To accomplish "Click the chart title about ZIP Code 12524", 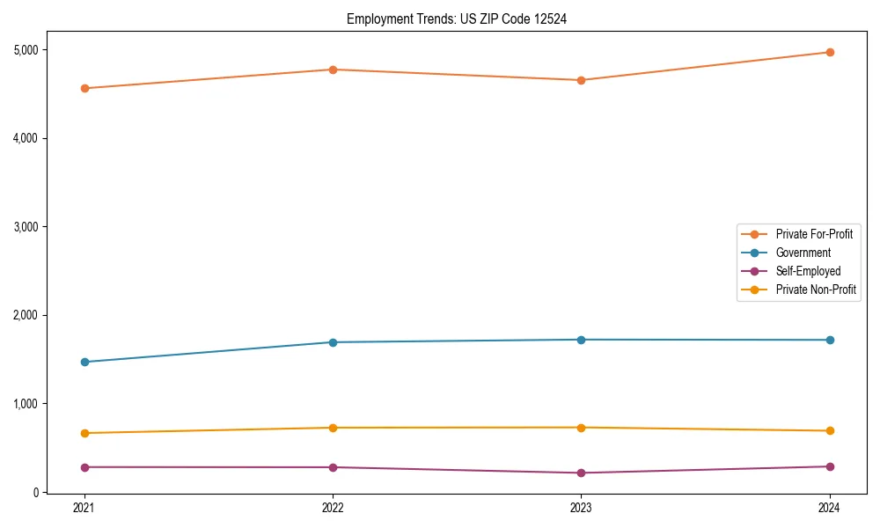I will tap(450, 18).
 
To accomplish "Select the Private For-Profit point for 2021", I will tap(84, 88).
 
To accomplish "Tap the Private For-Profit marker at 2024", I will tap(830, 52).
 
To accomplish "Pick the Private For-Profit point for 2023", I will tap(581, 80).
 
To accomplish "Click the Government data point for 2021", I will tap(84, 362).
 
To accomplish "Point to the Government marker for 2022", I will tap(333, 342).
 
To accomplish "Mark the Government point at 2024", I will tap(830, 340).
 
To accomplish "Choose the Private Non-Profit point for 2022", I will tap(333, 428).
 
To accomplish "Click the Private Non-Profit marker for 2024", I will tap(830, 430).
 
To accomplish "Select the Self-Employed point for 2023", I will tap(581, 473).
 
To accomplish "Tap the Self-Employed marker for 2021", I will tap(84, 467).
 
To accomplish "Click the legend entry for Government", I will tap(803, 253).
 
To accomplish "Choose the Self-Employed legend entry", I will tap(808, 271).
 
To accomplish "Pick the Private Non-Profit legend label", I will tap(816, 290).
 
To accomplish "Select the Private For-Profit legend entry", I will tap(814, 234).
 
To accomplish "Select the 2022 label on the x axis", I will tap(333, 508).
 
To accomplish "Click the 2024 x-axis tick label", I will tap(830, 508).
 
